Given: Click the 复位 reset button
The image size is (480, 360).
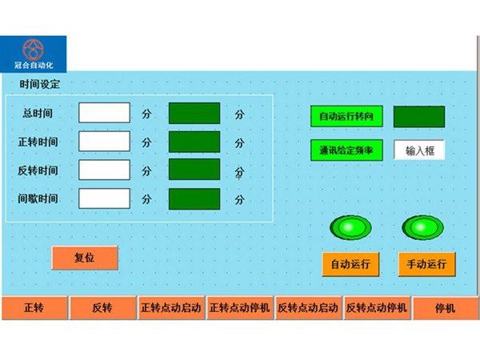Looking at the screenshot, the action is [x=85, y=258].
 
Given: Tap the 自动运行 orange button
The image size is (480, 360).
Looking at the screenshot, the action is [x=350, y=264].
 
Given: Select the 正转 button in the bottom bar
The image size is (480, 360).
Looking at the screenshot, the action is [x=34, y=308].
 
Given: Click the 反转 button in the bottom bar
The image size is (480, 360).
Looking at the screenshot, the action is [x=103, y=308].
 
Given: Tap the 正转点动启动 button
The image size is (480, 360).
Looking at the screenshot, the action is [x=171, y=308].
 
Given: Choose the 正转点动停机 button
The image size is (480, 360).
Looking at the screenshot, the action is [x=240, y=308].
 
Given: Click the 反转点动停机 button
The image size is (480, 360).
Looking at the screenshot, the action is [x=377, y=308].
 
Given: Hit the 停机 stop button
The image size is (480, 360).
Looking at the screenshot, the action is [x=446, y=308].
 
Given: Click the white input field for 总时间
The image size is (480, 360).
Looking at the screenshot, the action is [x=104, y=113].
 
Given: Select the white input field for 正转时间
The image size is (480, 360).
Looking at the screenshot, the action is [x=104, y=141].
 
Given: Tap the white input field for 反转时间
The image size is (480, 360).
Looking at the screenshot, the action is [x=104, y=170].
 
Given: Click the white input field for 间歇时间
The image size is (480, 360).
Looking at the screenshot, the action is [x=104, y=198].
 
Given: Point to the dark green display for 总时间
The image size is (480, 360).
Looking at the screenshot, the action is [x=194, y=114].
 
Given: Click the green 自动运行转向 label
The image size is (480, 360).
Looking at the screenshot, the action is [x=346, y=116].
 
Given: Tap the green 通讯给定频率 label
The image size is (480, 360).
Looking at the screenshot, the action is [x=346, y=150].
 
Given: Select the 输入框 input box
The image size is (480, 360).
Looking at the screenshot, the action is [x=419, y=150].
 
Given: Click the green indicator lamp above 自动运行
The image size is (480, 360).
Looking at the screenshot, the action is [x=350, y=227].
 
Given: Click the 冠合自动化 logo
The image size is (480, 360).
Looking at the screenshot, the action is [x=34, y=54].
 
